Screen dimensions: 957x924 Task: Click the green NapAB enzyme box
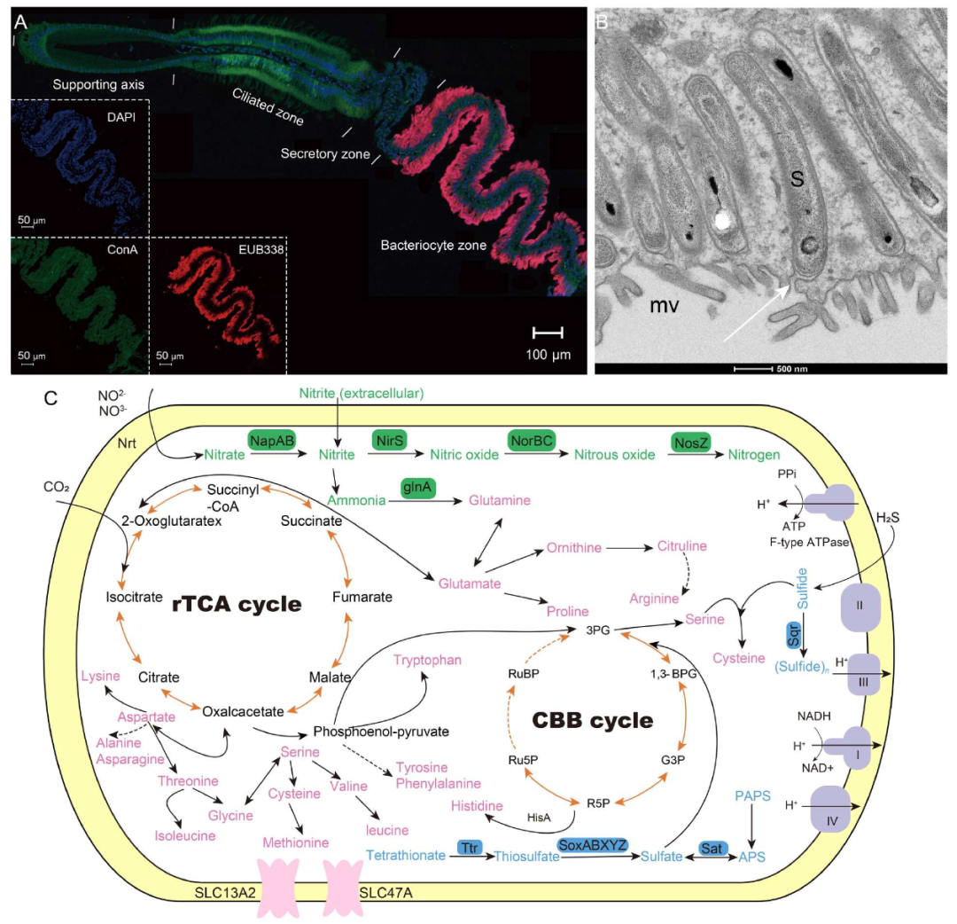(x=272, y=441)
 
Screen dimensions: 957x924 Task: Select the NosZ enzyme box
(x=691, y=442)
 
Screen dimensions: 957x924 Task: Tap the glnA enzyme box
(x=417, y=488)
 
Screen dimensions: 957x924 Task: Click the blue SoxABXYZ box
(x=592, y=845)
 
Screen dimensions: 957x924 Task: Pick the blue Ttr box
(x=470, y=848)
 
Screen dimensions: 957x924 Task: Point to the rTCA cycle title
(x=237, y=604)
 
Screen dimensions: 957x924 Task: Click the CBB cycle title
(x=593, y=720)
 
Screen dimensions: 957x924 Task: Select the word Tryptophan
(x=427, y=660)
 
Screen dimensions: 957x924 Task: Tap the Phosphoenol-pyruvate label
(x=381, y=732)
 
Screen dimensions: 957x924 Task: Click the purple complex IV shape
(x=830, y=809)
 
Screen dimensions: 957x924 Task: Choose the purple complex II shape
(x=860, y=607)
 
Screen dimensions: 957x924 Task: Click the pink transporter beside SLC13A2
(x=278, y=888)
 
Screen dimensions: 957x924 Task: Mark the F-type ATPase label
(x=809, y=543)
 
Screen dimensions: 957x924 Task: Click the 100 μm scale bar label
(x=549, y=355)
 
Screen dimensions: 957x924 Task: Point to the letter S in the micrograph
(x=797, y=179)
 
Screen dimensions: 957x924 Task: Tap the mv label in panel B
(x=664, y=305)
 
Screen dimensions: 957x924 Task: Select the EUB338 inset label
(x=261, y=249)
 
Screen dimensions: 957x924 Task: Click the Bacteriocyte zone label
(x=433, y=246)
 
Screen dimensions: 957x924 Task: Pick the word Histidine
(x=477, y=806)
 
